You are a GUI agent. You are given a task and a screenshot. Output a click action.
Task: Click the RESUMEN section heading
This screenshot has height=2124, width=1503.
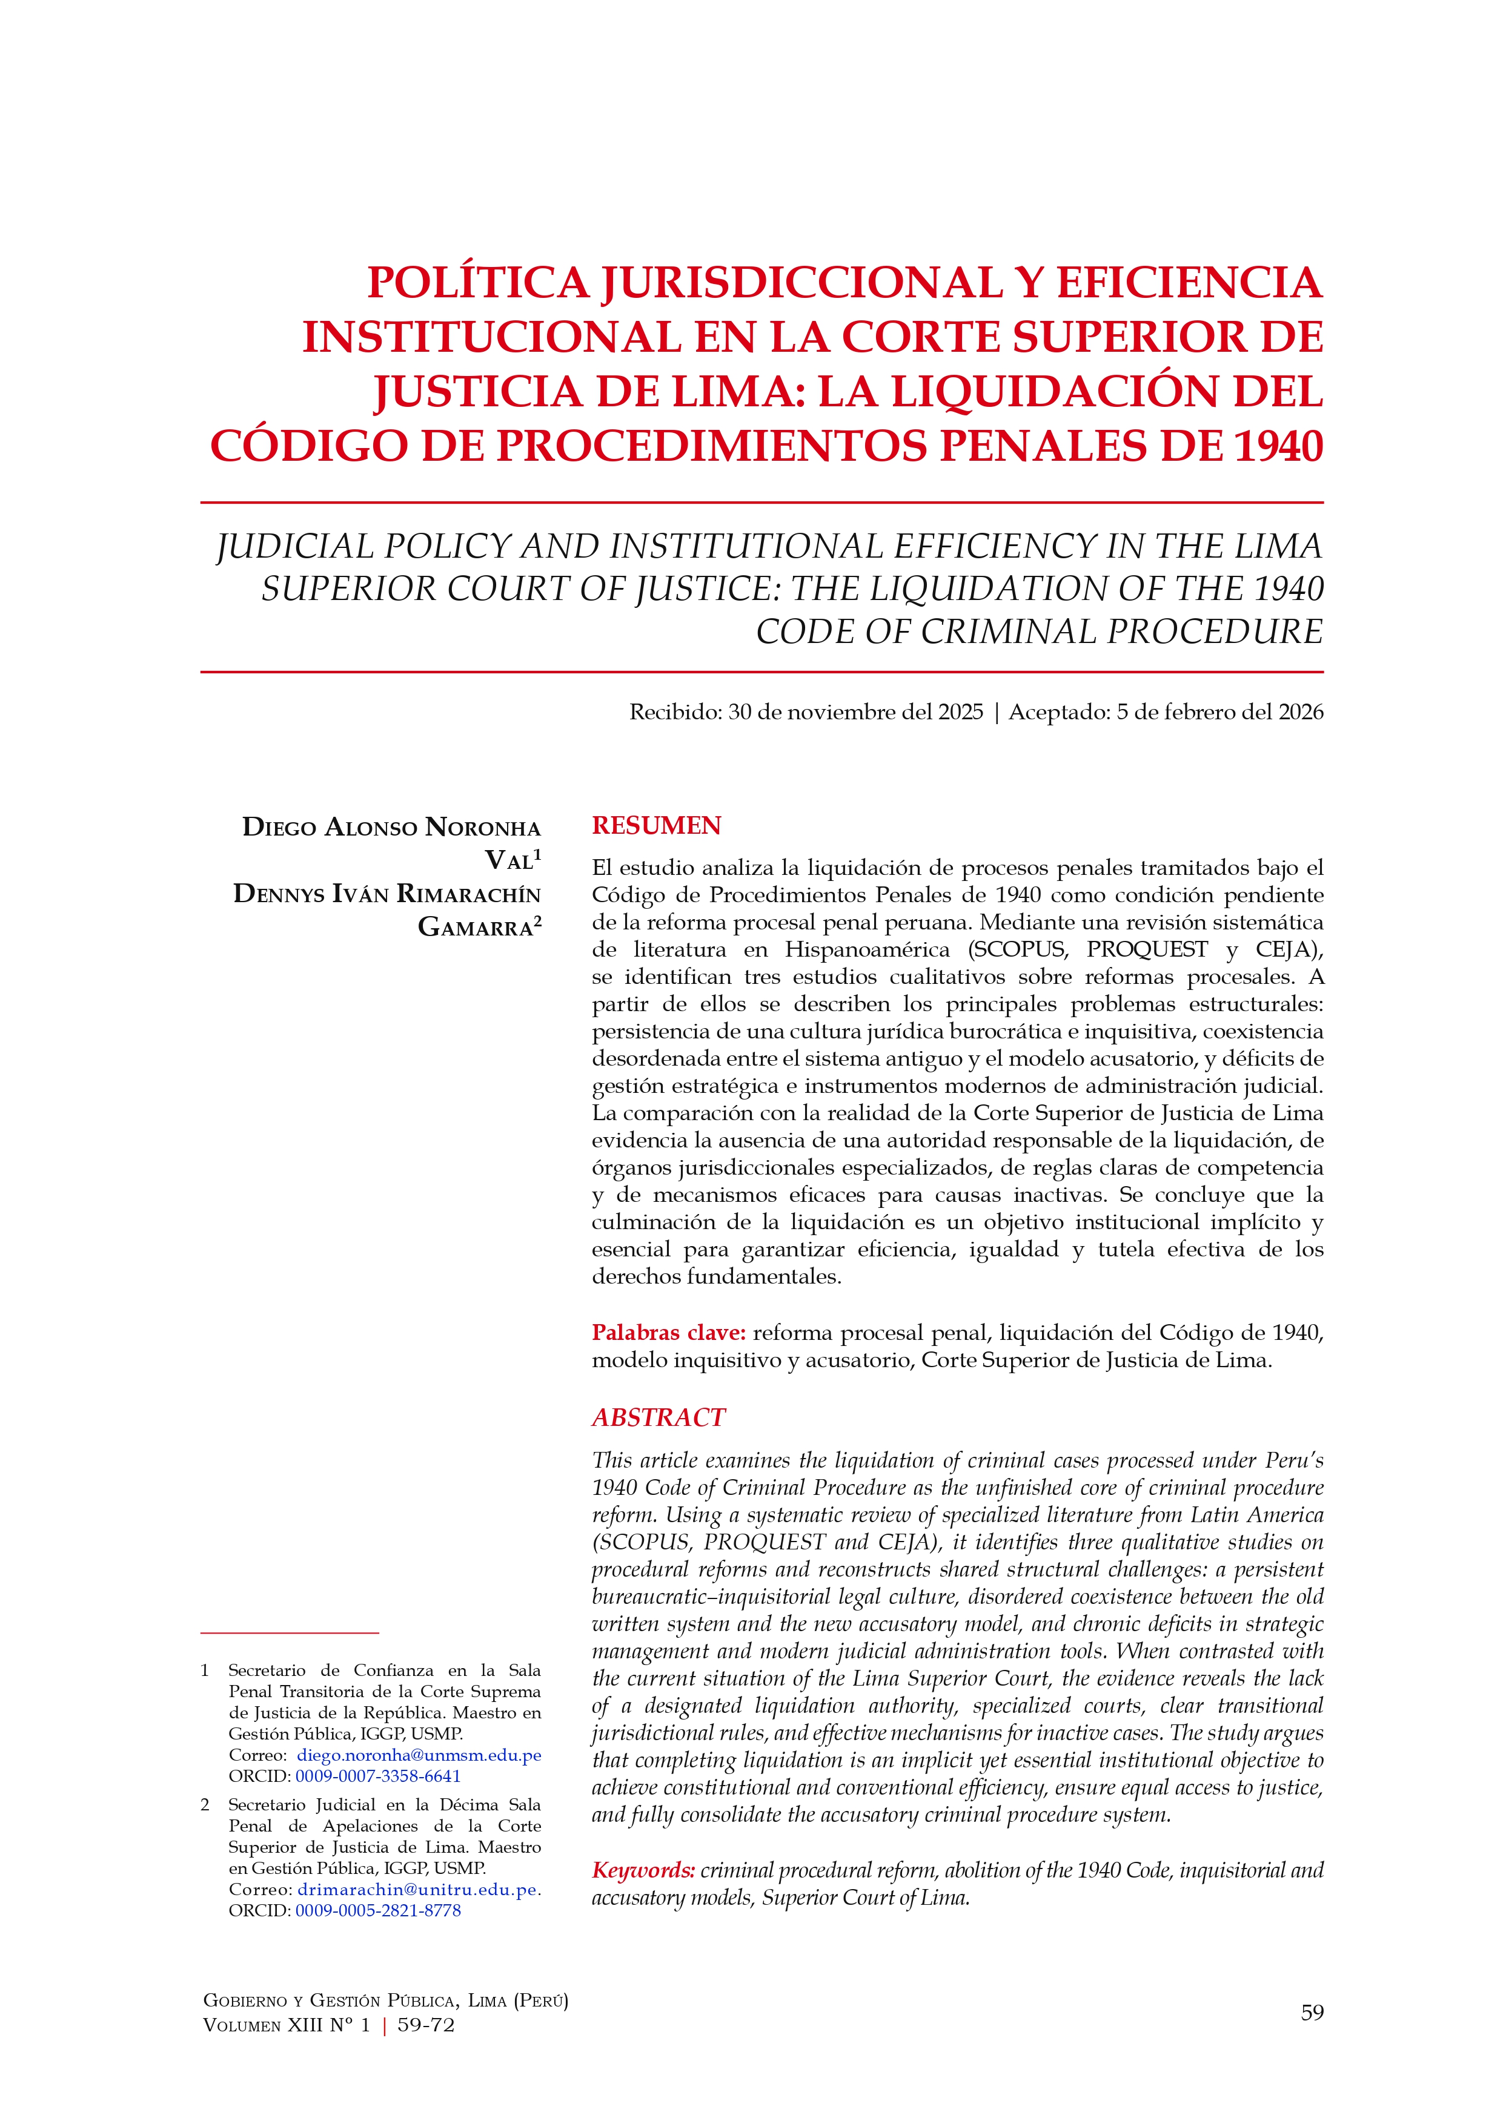click(656, 825)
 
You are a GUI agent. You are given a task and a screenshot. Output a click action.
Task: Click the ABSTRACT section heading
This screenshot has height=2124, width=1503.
click(658, 1417)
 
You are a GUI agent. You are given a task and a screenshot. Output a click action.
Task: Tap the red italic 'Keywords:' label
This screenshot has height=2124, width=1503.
click(643, 1870)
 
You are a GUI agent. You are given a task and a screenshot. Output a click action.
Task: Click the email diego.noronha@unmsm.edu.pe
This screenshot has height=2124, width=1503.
click(419, 1755)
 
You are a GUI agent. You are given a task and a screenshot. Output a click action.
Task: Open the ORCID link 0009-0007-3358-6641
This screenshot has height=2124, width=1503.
click(377, 1776)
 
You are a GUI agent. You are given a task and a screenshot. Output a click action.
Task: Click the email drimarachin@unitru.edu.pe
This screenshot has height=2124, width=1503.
click(417, 1889)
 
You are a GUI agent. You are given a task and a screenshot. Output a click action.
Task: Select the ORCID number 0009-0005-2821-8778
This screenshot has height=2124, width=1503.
click(377, 1910)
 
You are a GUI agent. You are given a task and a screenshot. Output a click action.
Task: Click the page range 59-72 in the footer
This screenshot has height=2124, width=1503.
click(426, 2025)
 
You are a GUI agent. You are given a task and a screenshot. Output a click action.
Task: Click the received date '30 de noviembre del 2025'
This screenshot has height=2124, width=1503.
click(855, 711)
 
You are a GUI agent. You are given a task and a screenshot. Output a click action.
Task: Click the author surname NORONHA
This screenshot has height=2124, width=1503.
click(482, 827)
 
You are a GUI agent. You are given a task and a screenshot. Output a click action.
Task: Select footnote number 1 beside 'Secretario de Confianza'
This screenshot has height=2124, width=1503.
click(205, 1671)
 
